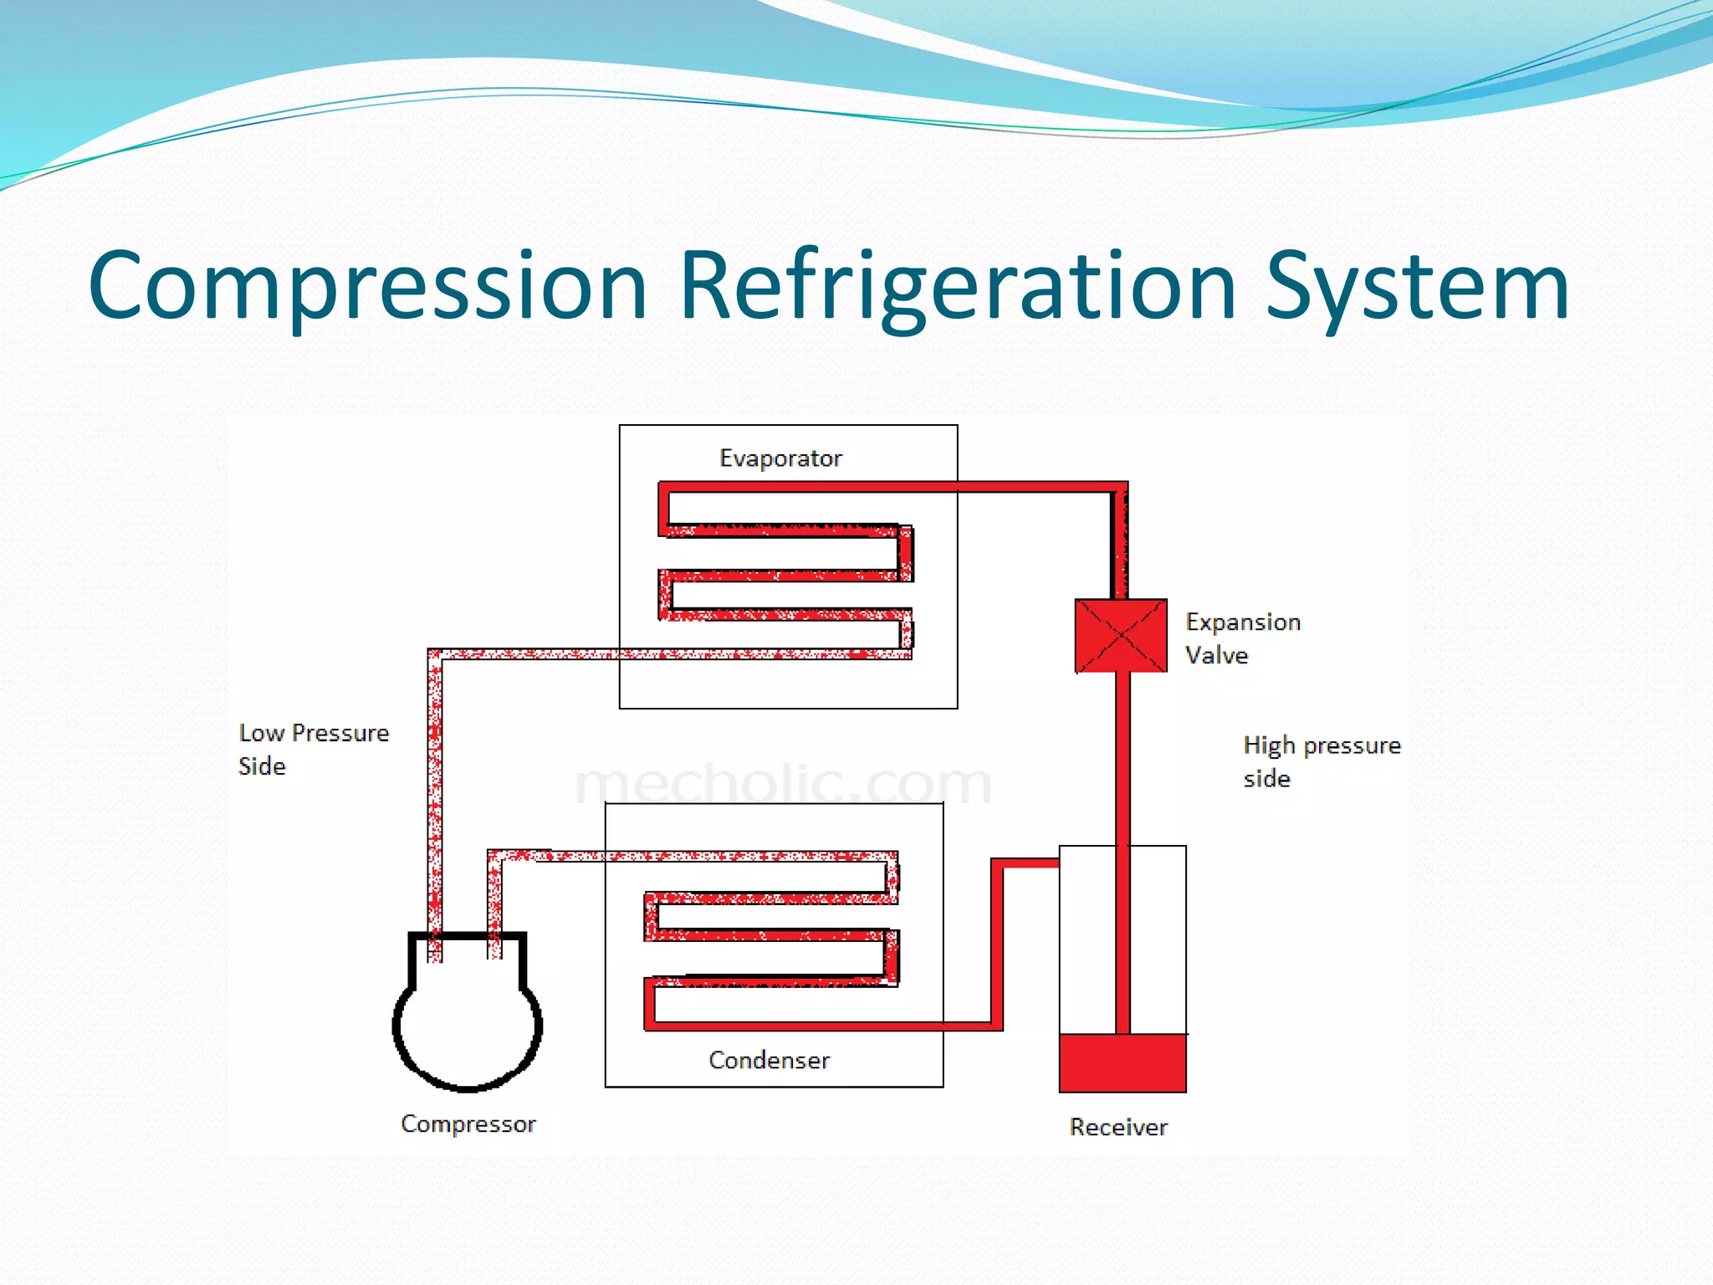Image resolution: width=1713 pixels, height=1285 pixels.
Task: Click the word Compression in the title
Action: (x=368, y=286)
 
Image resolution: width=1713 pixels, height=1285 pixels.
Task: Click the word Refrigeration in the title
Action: (x=957, y=286)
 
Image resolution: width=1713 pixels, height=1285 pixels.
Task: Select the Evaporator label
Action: (x=780, y=458)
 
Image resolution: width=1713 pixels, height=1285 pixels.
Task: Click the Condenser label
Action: (x=769, y=1060)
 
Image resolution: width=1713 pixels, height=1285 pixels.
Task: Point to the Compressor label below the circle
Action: (x=468, y=1124)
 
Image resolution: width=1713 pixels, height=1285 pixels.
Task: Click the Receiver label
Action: (x=1118, y=1127)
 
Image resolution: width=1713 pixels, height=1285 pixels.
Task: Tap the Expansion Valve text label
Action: (x=1242, y=638)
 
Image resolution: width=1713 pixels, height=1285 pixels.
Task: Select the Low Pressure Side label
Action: (x=313, y=749)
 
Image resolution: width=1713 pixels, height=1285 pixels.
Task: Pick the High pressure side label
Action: (x=1321, y=760)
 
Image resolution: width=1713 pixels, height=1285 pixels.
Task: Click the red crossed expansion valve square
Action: (x=1121, y=636)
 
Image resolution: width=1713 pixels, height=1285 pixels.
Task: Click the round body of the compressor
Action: (x=467, y=1029)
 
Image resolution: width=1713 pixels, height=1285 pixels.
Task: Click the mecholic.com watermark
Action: (x=783, y=783)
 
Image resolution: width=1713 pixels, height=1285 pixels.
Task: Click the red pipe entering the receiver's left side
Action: (x=1027, y=863)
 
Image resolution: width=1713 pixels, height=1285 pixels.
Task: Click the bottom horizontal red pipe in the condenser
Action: (x=820, y=1026)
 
